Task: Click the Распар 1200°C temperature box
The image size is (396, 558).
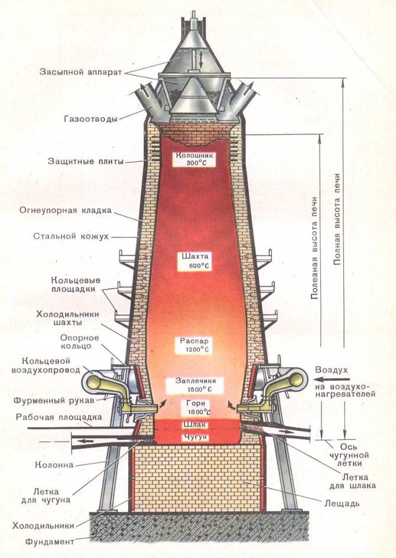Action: coord(191,345)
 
